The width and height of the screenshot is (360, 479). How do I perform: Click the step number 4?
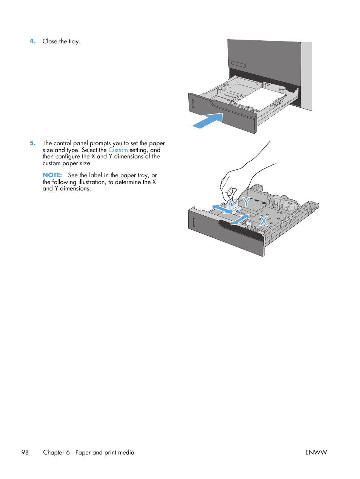(32, 41)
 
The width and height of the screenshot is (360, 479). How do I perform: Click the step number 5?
(32, 143)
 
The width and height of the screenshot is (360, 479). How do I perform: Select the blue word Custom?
(118, 150)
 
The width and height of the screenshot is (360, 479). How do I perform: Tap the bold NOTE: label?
(52, 175)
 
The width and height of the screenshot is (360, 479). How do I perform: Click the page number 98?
(25, 452)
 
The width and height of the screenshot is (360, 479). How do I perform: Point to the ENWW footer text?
(316, 452)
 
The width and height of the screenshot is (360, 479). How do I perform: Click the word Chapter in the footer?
(54, 452)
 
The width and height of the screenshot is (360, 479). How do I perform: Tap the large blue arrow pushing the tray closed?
(208, 121)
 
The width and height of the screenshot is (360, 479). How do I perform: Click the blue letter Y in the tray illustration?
(246, 202)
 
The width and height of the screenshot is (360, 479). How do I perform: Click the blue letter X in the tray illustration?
(263, 221)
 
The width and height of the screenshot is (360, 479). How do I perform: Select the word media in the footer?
(126, 452)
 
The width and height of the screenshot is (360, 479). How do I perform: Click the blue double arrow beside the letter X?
(240, 220)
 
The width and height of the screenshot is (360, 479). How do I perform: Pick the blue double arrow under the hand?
(222, 209)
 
